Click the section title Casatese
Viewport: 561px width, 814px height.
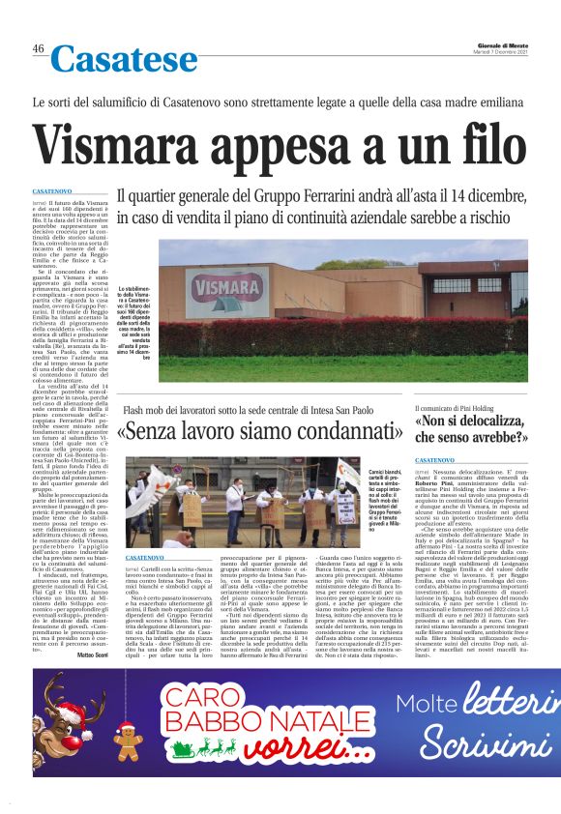123,60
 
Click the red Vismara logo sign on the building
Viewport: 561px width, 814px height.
225,287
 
